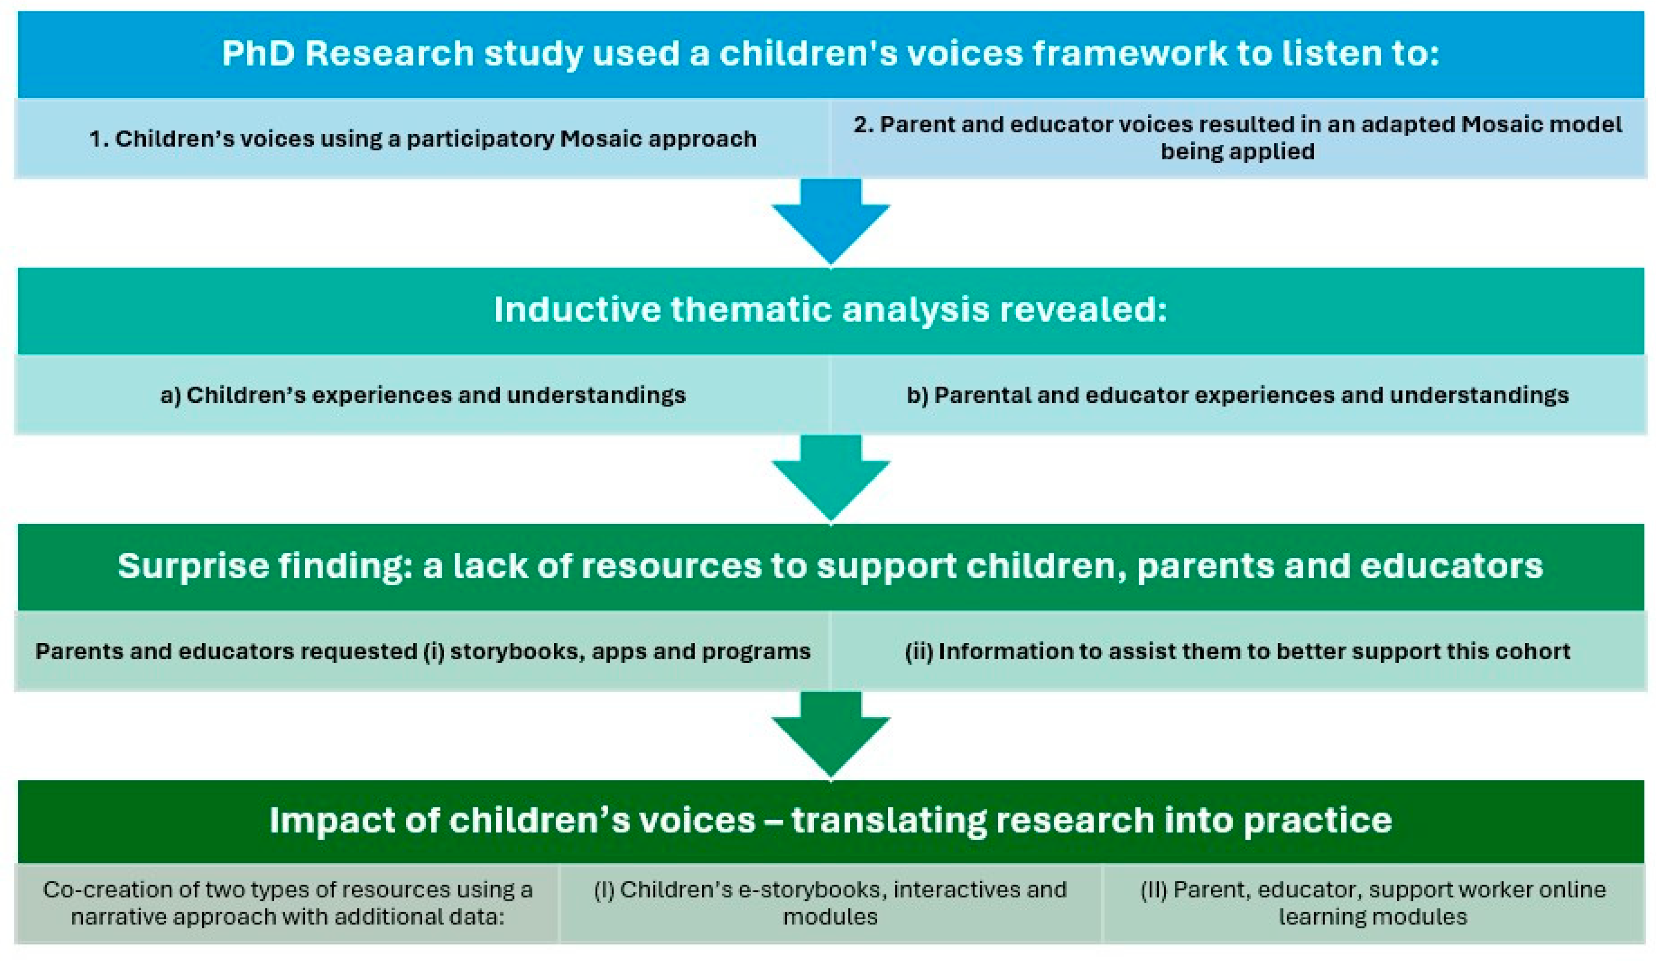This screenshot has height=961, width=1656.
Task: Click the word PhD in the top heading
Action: coord(258,53)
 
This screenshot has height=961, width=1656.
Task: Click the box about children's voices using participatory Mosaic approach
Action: coord(423,138)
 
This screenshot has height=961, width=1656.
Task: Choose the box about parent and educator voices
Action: coord(1238,138)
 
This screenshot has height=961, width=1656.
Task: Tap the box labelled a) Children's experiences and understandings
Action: coord(423,395)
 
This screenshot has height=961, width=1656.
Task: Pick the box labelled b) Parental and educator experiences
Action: coord(1238,395)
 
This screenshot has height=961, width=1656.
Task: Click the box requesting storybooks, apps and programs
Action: coord(423,651)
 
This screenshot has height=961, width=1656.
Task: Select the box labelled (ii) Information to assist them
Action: coord(1238,651)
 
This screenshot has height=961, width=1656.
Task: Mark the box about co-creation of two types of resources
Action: coord(287,903)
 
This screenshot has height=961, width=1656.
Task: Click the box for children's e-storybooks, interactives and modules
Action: coord(831,903)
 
